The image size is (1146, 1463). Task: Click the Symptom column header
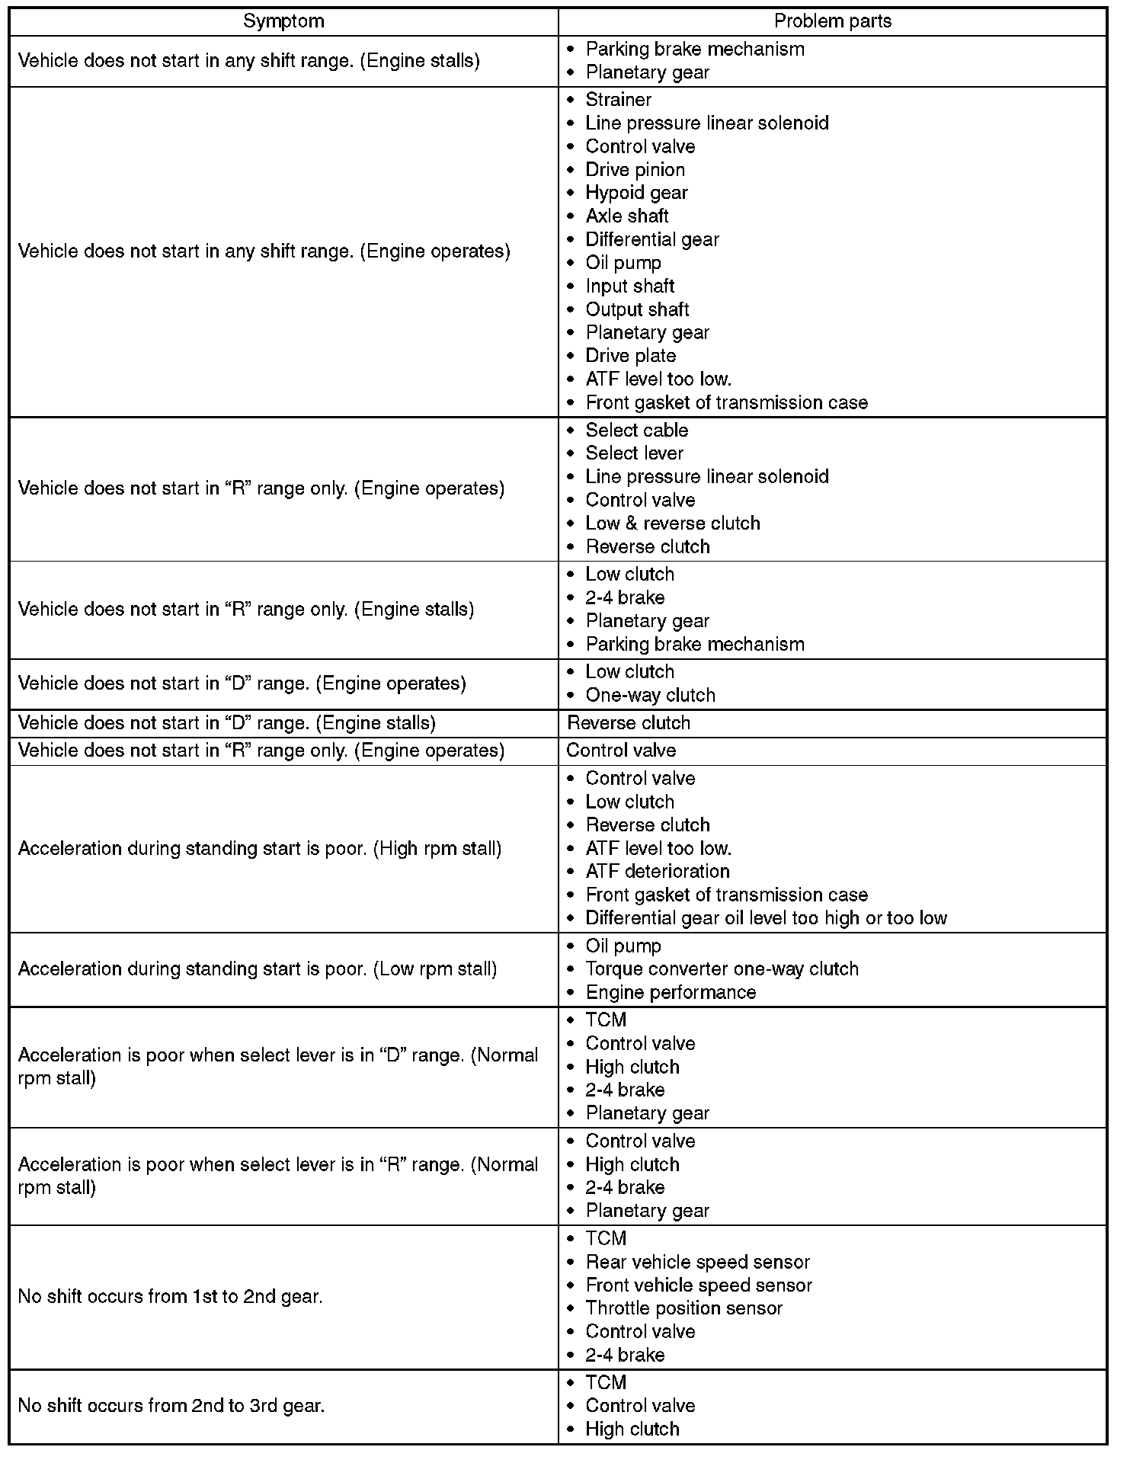pos(283,21)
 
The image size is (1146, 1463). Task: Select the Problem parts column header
pos(832,21)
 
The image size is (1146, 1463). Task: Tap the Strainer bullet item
pos(618,100)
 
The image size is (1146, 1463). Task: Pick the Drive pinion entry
pos(635,170)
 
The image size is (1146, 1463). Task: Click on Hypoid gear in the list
pos(636,193)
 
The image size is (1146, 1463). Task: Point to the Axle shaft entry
pos(626,216)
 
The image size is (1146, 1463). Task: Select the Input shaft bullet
pos(629,287)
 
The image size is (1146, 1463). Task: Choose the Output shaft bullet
pos(637,309)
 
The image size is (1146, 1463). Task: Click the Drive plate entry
pos(630,356)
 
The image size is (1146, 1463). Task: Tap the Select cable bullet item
pos(636,431)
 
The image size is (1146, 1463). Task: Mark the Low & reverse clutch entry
pos(672,523)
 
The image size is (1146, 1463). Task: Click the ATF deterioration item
pos(657,872)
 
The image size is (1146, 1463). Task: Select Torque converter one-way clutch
pos(722,969)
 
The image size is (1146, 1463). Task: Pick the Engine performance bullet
pos(671,993)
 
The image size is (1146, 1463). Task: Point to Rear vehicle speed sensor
pos(697,1263)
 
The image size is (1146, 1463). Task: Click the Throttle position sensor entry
pos(683,1308)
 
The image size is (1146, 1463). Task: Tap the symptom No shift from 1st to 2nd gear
pos(170,1297)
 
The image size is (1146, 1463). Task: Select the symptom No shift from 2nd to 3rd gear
pos(171,1406)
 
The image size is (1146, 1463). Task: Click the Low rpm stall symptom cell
pos(258,969)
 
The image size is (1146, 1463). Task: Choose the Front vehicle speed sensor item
pos(699,1285)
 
